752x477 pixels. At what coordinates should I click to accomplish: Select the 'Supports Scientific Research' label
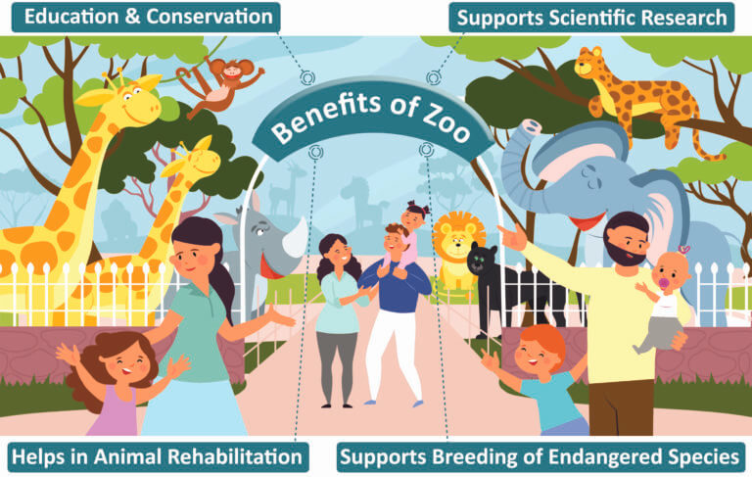tap(592, 17)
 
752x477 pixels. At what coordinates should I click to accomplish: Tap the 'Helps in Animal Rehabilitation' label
tap(157, 455)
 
